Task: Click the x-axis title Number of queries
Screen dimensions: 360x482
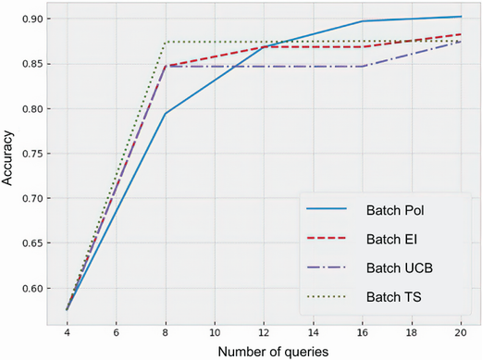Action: coord(263,351)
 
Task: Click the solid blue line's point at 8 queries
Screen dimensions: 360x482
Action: coord(166,114)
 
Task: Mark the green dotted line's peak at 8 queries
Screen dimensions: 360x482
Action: coord(166,42)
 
